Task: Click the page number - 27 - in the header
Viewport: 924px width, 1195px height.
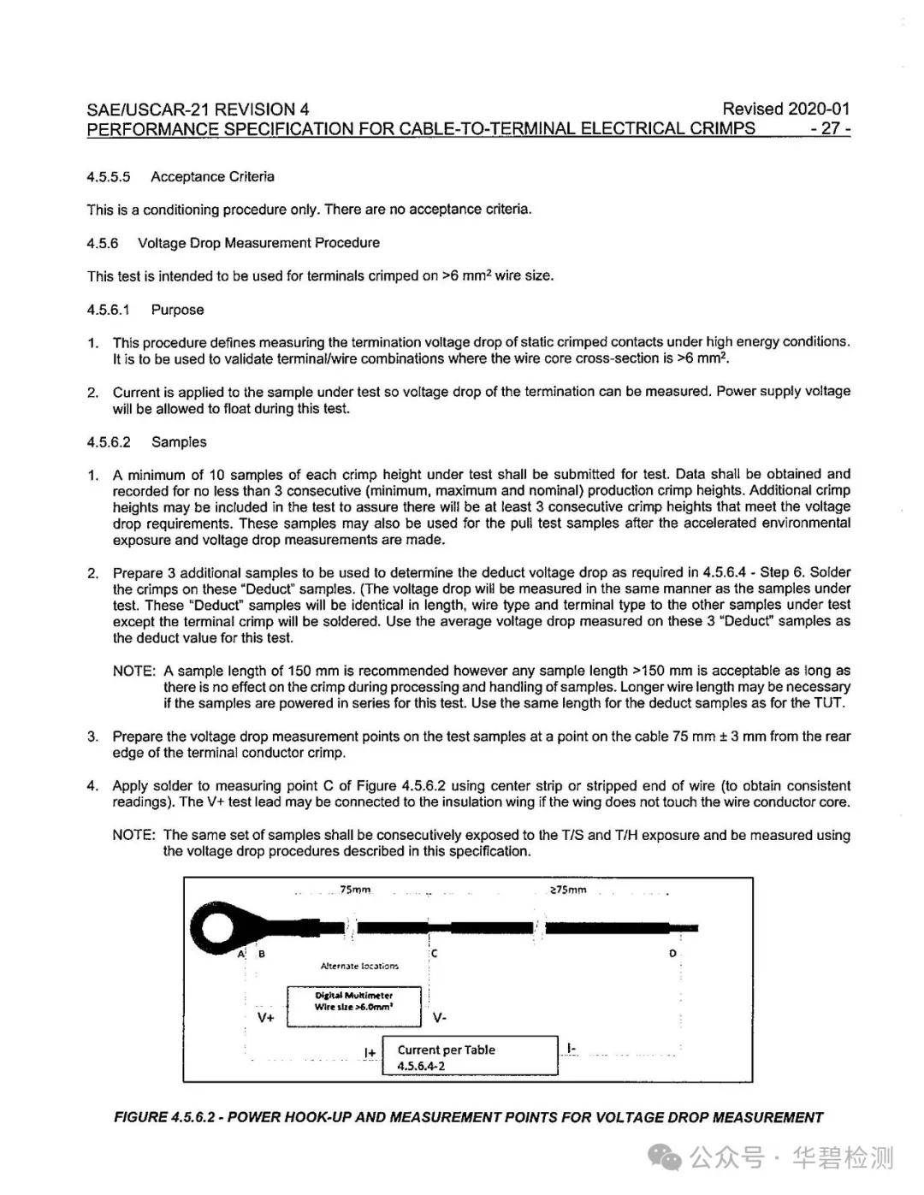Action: click(x=830, y=129)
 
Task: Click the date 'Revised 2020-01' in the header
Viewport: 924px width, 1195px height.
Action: click(x=785, y=109)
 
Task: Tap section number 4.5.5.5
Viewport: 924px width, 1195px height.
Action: click(x=109, y=177)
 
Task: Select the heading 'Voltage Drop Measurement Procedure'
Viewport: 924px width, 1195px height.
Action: click(x=258, y=243)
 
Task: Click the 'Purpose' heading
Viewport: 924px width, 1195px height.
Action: click(x=177, y=310)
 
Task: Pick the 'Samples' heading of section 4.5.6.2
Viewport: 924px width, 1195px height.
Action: click(x=179, y=442)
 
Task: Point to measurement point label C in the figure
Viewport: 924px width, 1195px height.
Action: click(x=435, y=953)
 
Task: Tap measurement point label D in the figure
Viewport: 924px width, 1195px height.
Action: click(x=672, y=953)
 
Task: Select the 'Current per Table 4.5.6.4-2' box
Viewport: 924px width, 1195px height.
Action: click(x=470, y=1057)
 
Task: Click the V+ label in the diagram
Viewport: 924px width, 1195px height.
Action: click(x=266, y=1018)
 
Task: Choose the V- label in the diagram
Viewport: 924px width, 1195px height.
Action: click(x=440, y=1018)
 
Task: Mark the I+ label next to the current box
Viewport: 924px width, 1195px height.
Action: click(x=370, y=1052)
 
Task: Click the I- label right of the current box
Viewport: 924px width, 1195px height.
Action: click(x=572, y=1048)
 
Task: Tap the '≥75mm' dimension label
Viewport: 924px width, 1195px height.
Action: click(x=568, y=890)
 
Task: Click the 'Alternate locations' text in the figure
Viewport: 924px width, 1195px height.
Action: click(x=359, y=966)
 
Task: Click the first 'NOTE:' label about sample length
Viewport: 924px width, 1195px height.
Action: click(x=134, y=671)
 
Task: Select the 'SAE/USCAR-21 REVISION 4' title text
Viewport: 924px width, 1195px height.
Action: click(x=198, y=109)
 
